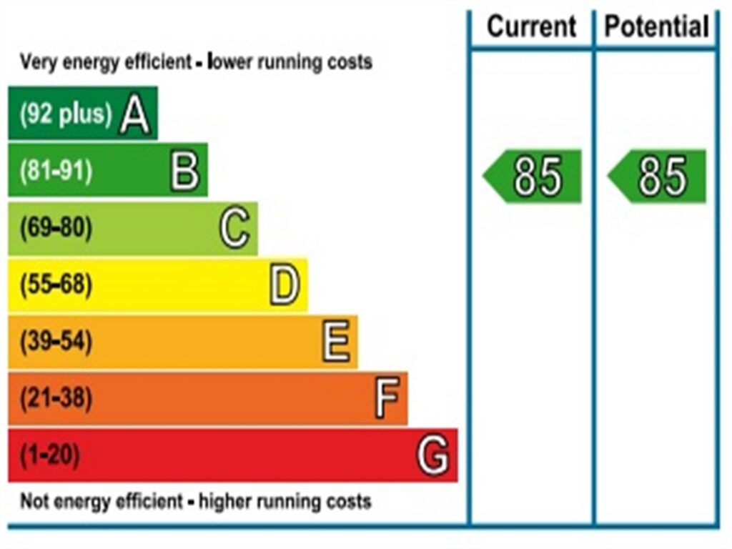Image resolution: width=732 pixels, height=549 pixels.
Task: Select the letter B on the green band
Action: tap(184, 172)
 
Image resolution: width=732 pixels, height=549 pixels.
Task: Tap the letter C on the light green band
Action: tap(234, 229)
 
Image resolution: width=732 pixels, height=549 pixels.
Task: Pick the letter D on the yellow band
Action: tap(285, 286)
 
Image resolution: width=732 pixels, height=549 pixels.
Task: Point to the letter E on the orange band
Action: tap(335, 342)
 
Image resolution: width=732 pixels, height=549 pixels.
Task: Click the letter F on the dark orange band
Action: tap(386, 399)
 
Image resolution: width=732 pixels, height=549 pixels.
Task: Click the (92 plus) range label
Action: tap(66, 114)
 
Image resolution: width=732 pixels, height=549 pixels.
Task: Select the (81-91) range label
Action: tap(56, 172)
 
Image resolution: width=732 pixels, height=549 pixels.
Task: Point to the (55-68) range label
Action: tap(56, 285)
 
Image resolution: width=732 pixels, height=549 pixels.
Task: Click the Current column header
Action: tap(531, 27)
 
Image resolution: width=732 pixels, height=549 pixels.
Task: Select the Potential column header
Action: tap(656, 27)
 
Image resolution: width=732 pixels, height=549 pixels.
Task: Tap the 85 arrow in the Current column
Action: tap(534, 177)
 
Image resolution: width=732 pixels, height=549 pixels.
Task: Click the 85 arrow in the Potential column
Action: tap(658, 177)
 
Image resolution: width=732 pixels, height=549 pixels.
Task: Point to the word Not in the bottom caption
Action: tap(34, 501)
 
